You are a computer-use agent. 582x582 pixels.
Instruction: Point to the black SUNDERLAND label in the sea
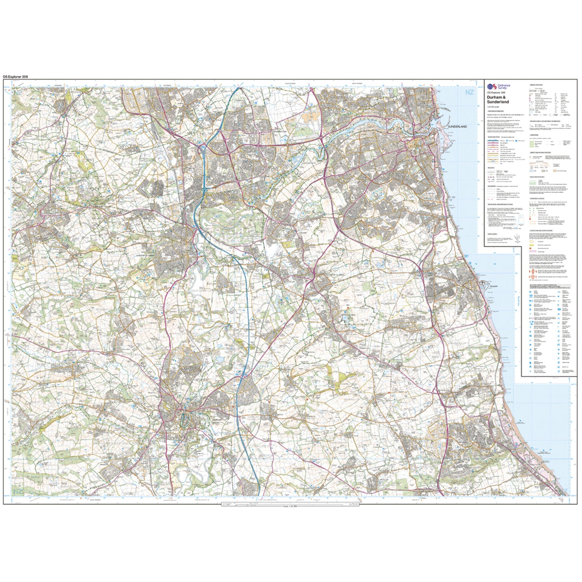pos(457,126)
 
